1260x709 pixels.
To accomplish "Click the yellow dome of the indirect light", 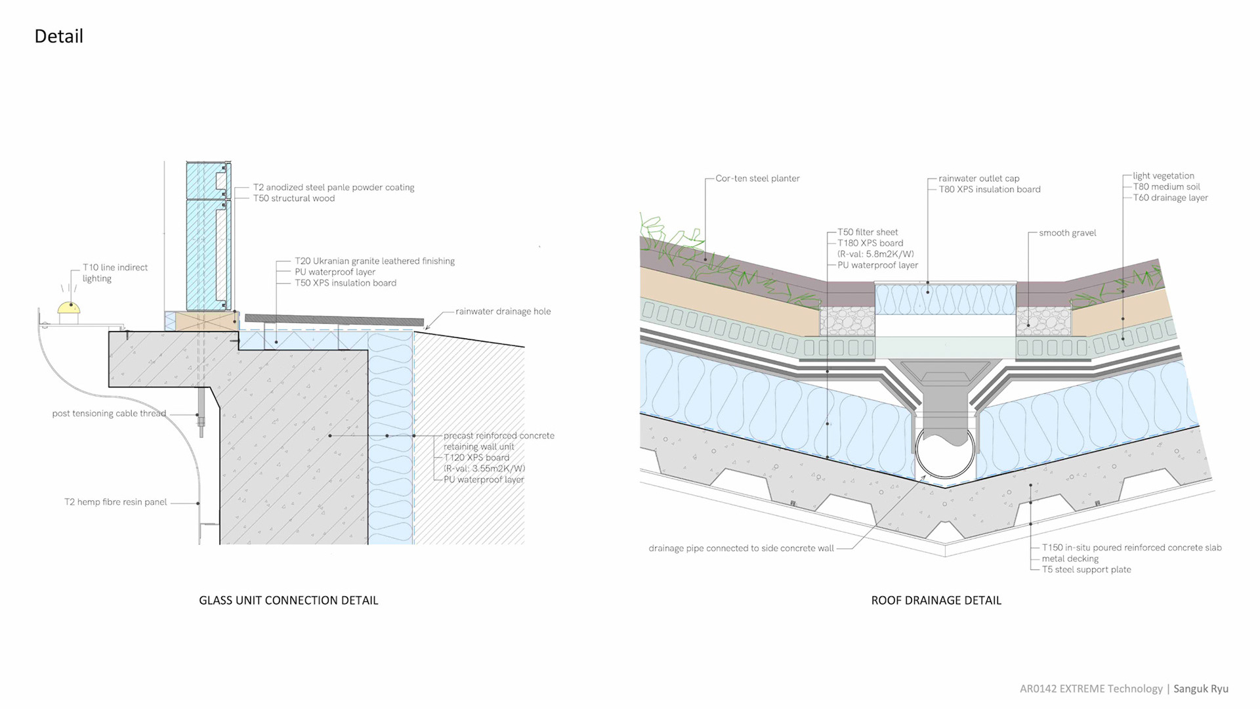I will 68,307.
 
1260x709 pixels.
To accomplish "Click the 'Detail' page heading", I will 58,36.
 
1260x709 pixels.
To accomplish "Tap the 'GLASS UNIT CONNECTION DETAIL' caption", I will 288,600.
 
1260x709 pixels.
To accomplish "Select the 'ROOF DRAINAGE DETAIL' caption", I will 936,600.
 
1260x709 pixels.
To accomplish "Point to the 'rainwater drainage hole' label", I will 503,311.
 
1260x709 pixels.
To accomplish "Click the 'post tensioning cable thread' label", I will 109,414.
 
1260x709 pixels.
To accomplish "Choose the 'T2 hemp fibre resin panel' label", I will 115,502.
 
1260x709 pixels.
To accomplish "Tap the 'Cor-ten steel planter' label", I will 757,179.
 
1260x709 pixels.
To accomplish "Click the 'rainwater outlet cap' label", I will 978,179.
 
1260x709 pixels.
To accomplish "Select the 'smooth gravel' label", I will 1067,233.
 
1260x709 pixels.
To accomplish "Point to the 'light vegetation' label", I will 1163,176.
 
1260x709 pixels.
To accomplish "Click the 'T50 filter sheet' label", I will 868,232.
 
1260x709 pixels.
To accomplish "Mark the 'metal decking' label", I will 1070,559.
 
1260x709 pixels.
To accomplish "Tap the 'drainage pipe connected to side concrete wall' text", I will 741,548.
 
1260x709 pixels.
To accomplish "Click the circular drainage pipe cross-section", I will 945,457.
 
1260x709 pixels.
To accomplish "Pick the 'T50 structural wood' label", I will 294,198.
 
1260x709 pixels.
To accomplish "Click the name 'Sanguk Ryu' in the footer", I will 1200,689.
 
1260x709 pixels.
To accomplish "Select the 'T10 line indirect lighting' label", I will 115,272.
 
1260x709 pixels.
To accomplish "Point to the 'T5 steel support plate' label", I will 1086,570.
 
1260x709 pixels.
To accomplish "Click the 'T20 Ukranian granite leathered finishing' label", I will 374,261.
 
